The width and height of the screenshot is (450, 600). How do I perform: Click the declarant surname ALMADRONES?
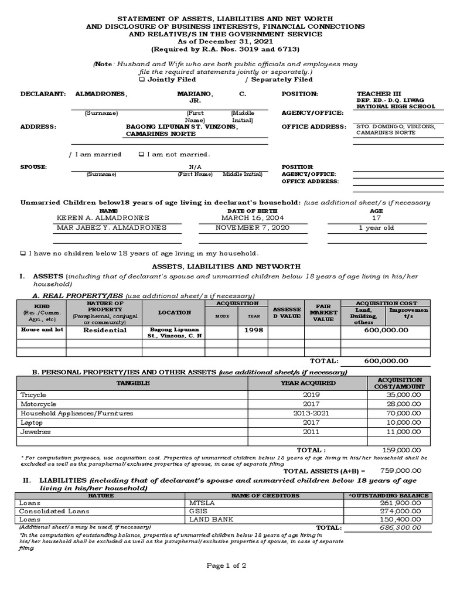(x=101, y=94)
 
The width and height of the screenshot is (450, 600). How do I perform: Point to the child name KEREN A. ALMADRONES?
(x=99, y=217)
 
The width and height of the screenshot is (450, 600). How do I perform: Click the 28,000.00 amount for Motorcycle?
(x=404, y=404)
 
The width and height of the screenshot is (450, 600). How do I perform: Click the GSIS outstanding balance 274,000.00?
(x=403, y=511)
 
